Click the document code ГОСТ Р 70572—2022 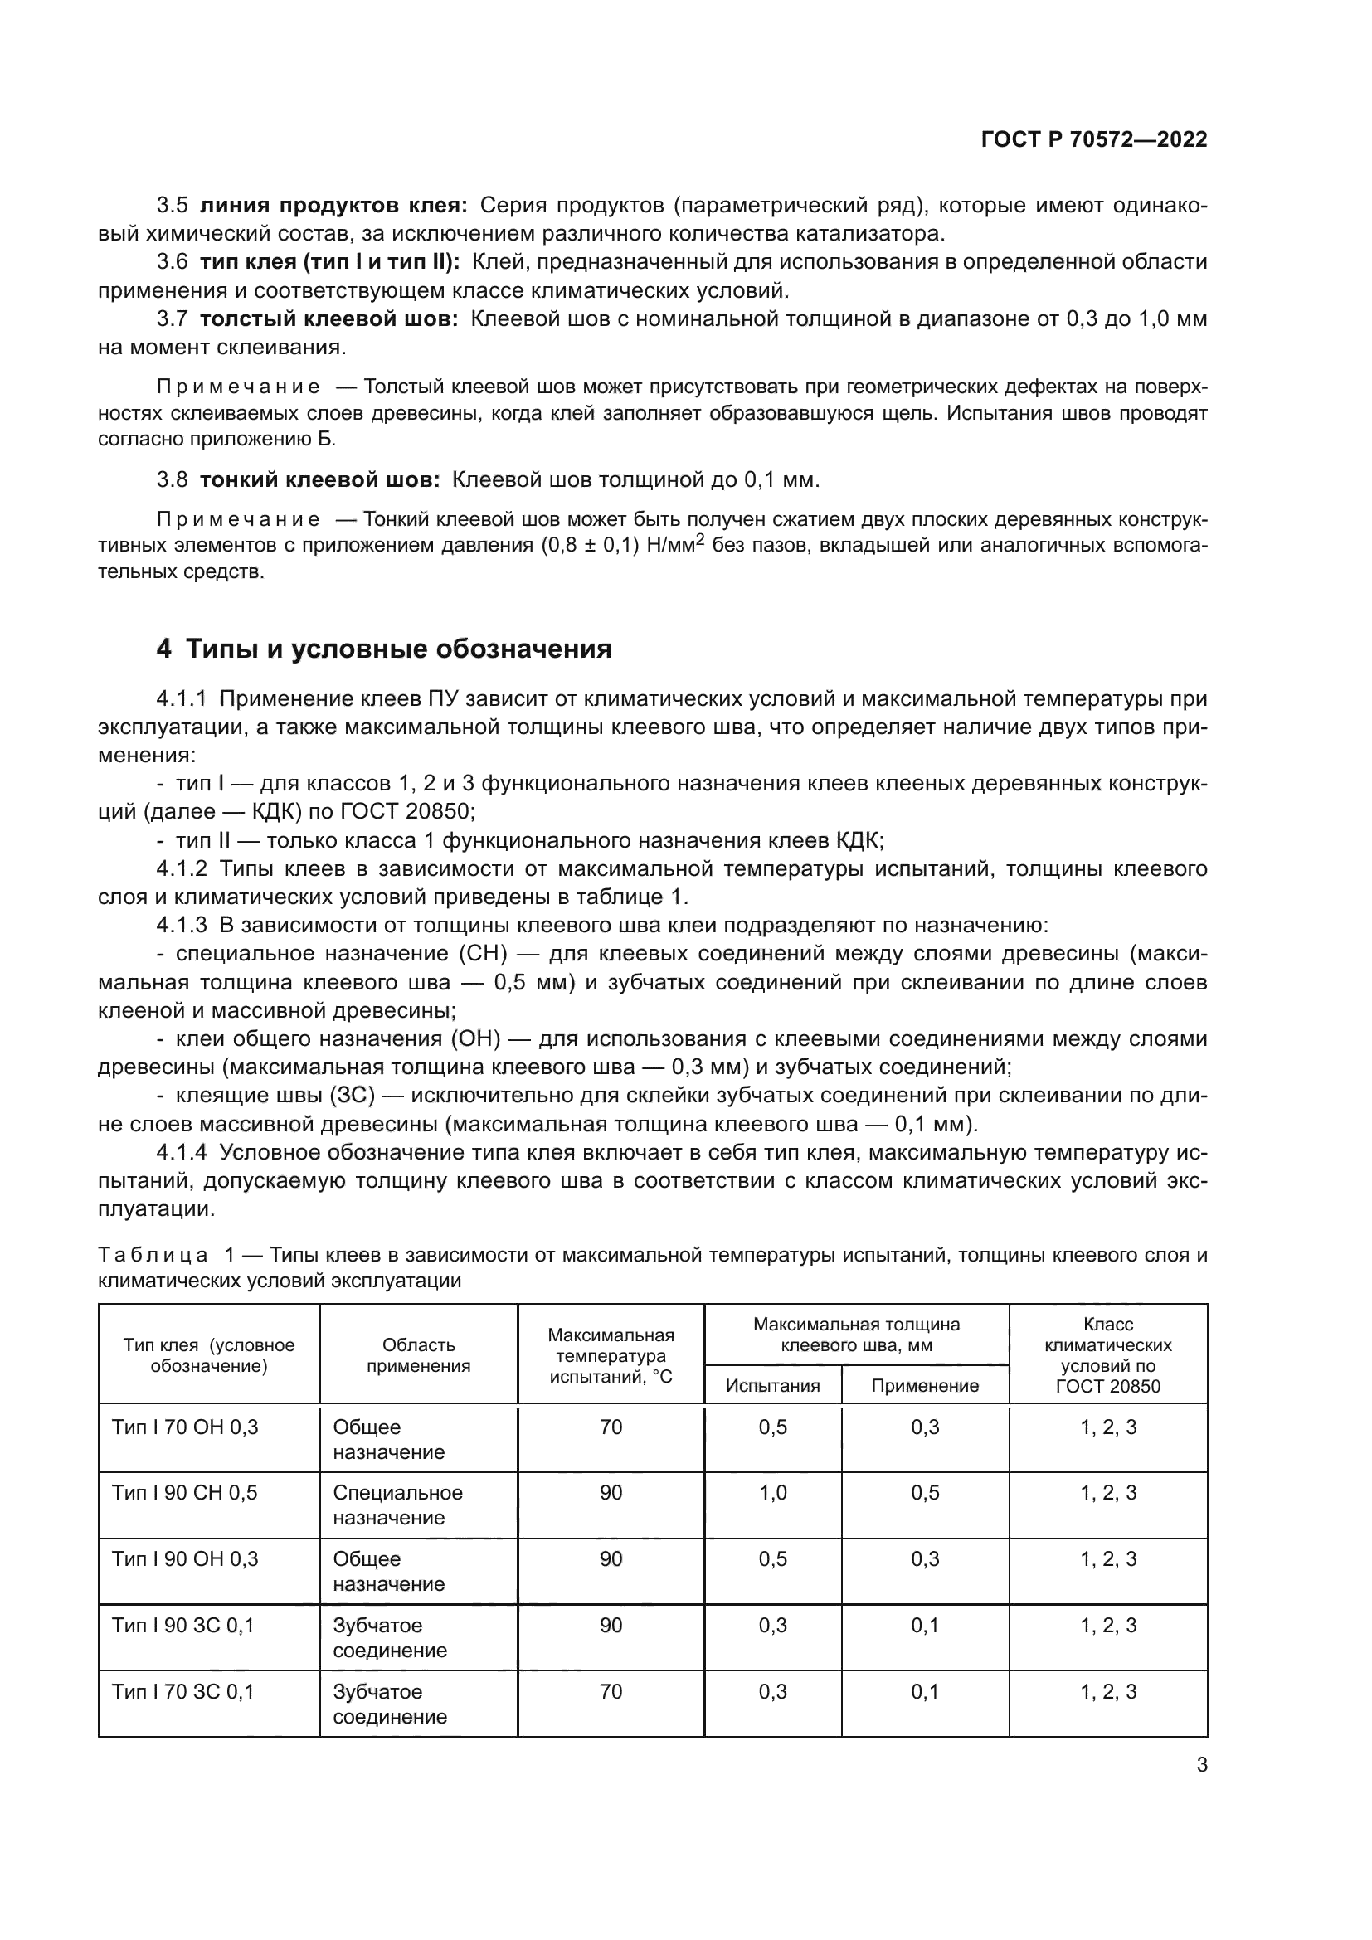1093,139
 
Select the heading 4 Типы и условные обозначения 383,649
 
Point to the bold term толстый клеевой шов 329,318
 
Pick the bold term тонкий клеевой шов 320,480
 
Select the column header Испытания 772,1386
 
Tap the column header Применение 925,1386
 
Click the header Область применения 418,1355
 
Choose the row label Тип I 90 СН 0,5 184,1492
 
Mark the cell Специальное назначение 397,1505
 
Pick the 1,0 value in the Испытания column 772,1492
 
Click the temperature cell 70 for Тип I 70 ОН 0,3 610,1427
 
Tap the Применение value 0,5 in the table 925,1492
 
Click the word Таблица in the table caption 153,1255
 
